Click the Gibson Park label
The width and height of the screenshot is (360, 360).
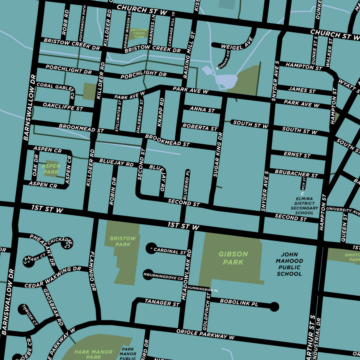(x=233, y=258)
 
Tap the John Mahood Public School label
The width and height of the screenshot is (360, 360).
(x=289, y=264)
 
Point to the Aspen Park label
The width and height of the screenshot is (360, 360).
(x=51, y=169)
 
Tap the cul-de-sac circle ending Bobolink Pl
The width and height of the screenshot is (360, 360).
(x=274, y=307)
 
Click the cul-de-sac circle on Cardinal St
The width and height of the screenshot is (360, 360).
(x=150, y=248)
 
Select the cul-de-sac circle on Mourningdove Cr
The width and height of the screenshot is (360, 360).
(x=148, y=274)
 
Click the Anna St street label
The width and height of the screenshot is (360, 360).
(x=202, y=109)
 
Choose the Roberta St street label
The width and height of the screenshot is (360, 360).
(x=200, y=127)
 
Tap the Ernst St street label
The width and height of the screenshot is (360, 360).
(x=297, y=155)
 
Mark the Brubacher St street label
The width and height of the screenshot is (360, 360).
(x=296, y=174)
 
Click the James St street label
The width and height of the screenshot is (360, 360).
(x=302, y=90)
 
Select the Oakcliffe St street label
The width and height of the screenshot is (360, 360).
(x=63, y=107)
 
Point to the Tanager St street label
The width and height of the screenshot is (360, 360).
(x=162, y=303)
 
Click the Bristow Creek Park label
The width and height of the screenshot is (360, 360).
(x=139, y=33)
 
